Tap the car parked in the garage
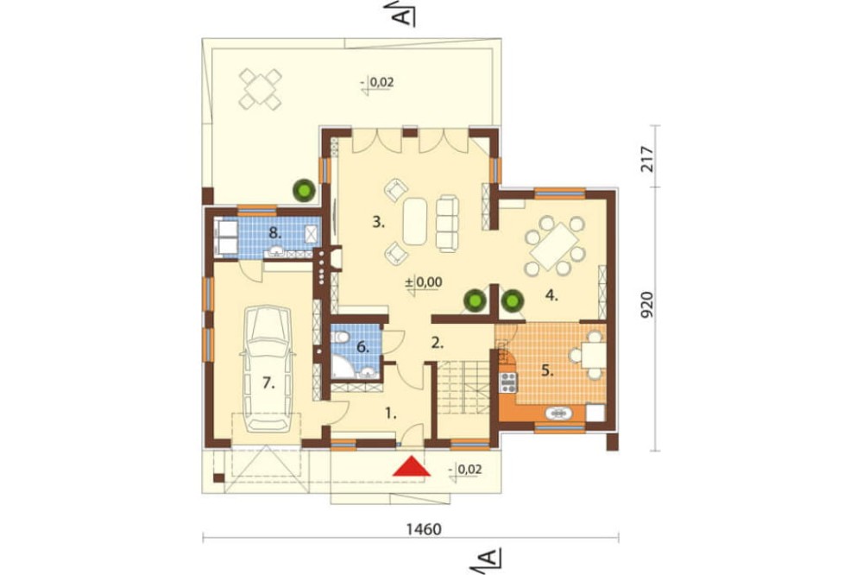pos(268,369)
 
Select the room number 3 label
pos(378,223)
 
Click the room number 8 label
pos(274,232)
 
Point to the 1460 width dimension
pos(424,529)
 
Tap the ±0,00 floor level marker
pos(423,282)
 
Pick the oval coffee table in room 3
pos(415,221)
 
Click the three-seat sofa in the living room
pos(447,223)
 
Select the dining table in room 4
pos(554,246)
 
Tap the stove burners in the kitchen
pos(508,382)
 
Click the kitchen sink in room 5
pos(558,413)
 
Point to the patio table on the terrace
pos(261,88)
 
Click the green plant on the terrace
pos(303,190)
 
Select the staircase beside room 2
pos(463,389)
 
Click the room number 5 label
pos(546,370)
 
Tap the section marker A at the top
pos(405,13)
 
